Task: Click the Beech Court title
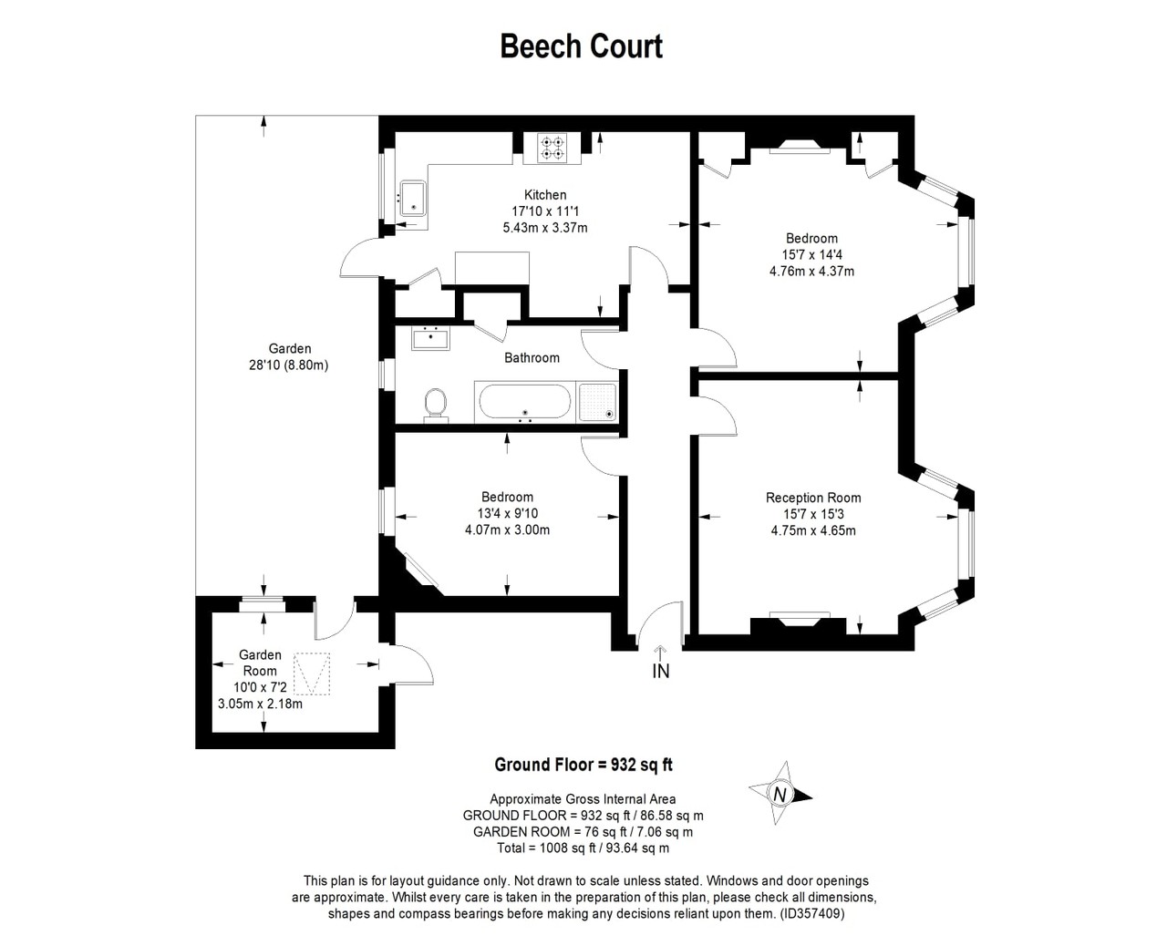(582, 46)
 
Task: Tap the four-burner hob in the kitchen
(553, 148)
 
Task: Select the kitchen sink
(413, 198)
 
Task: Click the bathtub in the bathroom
(525, 402)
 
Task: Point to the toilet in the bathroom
(436, 406)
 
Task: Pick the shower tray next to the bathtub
(598, 402)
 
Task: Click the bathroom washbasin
(430, 338)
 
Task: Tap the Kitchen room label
(545, 194)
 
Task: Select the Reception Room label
(813, 498)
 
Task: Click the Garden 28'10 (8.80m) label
(289, 356)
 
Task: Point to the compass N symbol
(780, 794)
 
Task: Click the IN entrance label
(661, 671)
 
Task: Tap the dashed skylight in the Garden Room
(312, 674)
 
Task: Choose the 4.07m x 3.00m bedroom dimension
(507, 530)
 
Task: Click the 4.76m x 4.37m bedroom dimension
(812, 272)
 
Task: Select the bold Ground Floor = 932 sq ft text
(583, 764)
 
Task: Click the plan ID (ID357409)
(812, 913)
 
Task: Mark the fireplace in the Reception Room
(800, 622)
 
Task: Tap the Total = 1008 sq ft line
(583, 848)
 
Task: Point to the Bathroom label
(532, 357)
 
